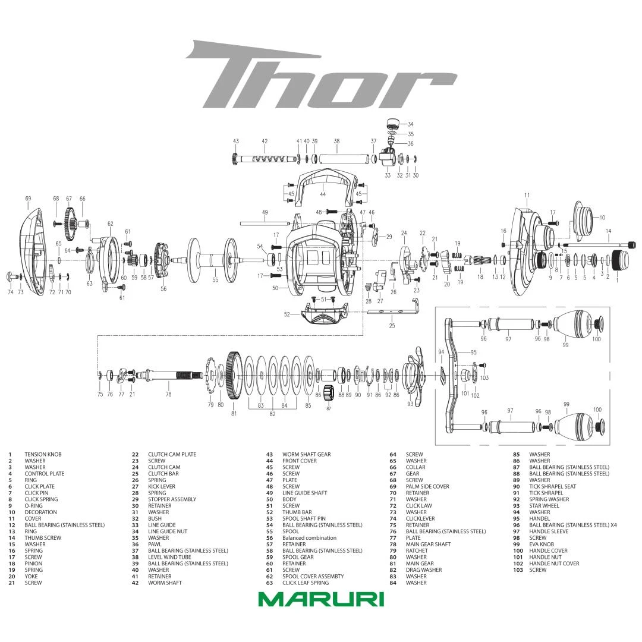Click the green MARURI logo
(321, 599)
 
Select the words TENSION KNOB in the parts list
(43, 455)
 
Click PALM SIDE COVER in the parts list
(427, 487)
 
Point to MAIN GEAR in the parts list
(420, 564)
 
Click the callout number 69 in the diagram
(28, 198)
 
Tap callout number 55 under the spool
(215, 279)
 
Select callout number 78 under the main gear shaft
(168, 395)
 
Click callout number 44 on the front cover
(322, 194)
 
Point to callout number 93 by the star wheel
(410, 404)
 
